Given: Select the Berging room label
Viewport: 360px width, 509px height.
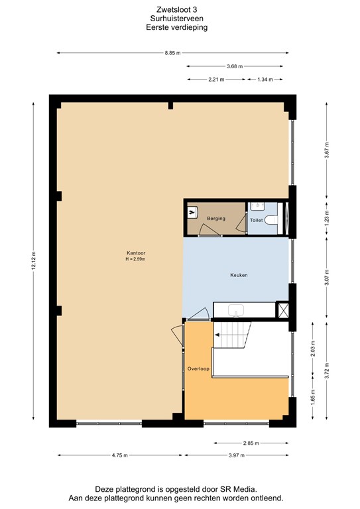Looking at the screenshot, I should (x=215, y=218).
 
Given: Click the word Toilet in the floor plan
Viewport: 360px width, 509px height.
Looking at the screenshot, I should (x=256, y=219).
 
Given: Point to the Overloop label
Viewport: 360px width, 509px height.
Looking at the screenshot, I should (x=198, y=367).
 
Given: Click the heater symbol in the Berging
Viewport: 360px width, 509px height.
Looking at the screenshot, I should (x=192, y=213).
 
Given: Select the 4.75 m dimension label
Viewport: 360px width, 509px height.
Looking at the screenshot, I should (x=119, y=455).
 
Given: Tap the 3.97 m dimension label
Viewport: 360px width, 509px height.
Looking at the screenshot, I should (x=236, y=455).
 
